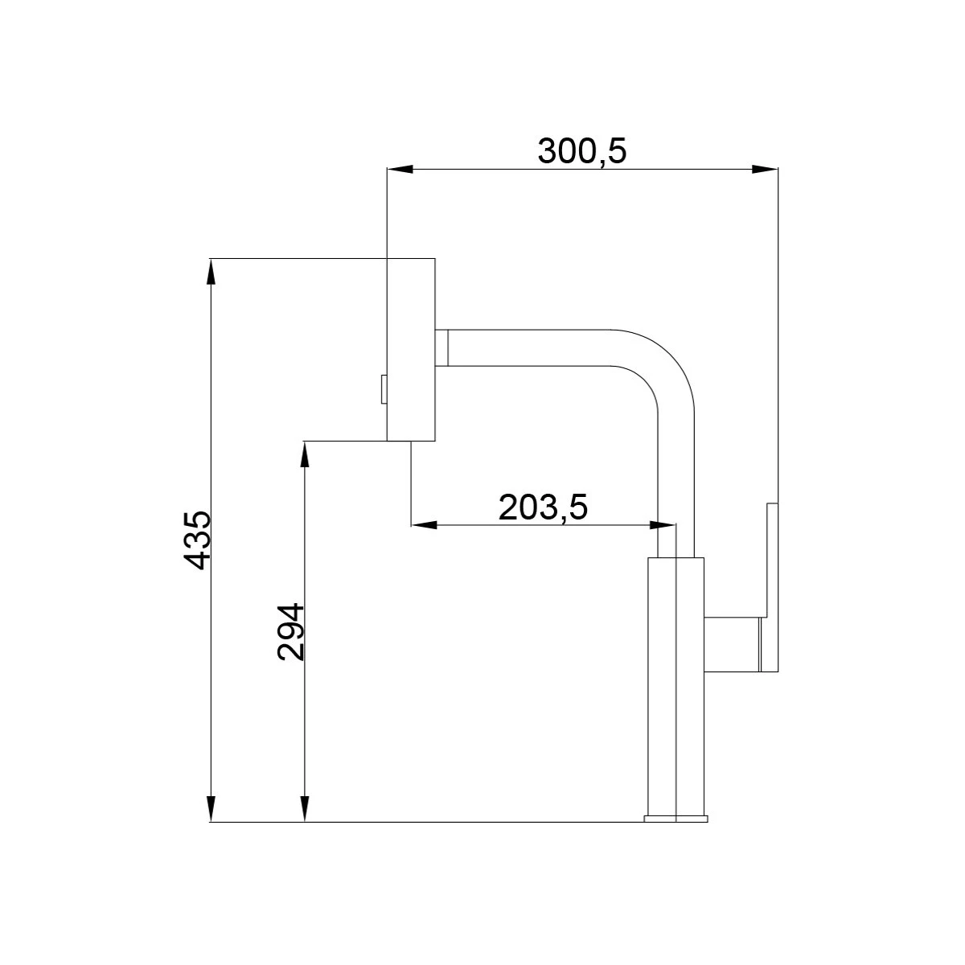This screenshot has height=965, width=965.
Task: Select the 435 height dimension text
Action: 195,541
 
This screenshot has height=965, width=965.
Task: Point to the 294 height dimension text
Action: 290,631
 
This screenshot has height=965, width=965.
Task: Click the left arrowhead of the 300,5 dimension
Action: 400,169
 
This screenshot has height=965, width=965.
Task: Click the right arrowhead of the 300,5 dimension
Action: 766,169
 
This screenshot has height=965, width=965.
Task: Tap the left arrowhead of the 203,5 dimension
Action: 423,525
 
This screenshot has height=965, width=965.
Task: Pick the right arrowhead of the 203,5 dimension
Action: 663,525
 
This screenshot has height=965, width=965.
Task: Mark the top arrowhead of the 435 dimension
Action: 211,272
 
